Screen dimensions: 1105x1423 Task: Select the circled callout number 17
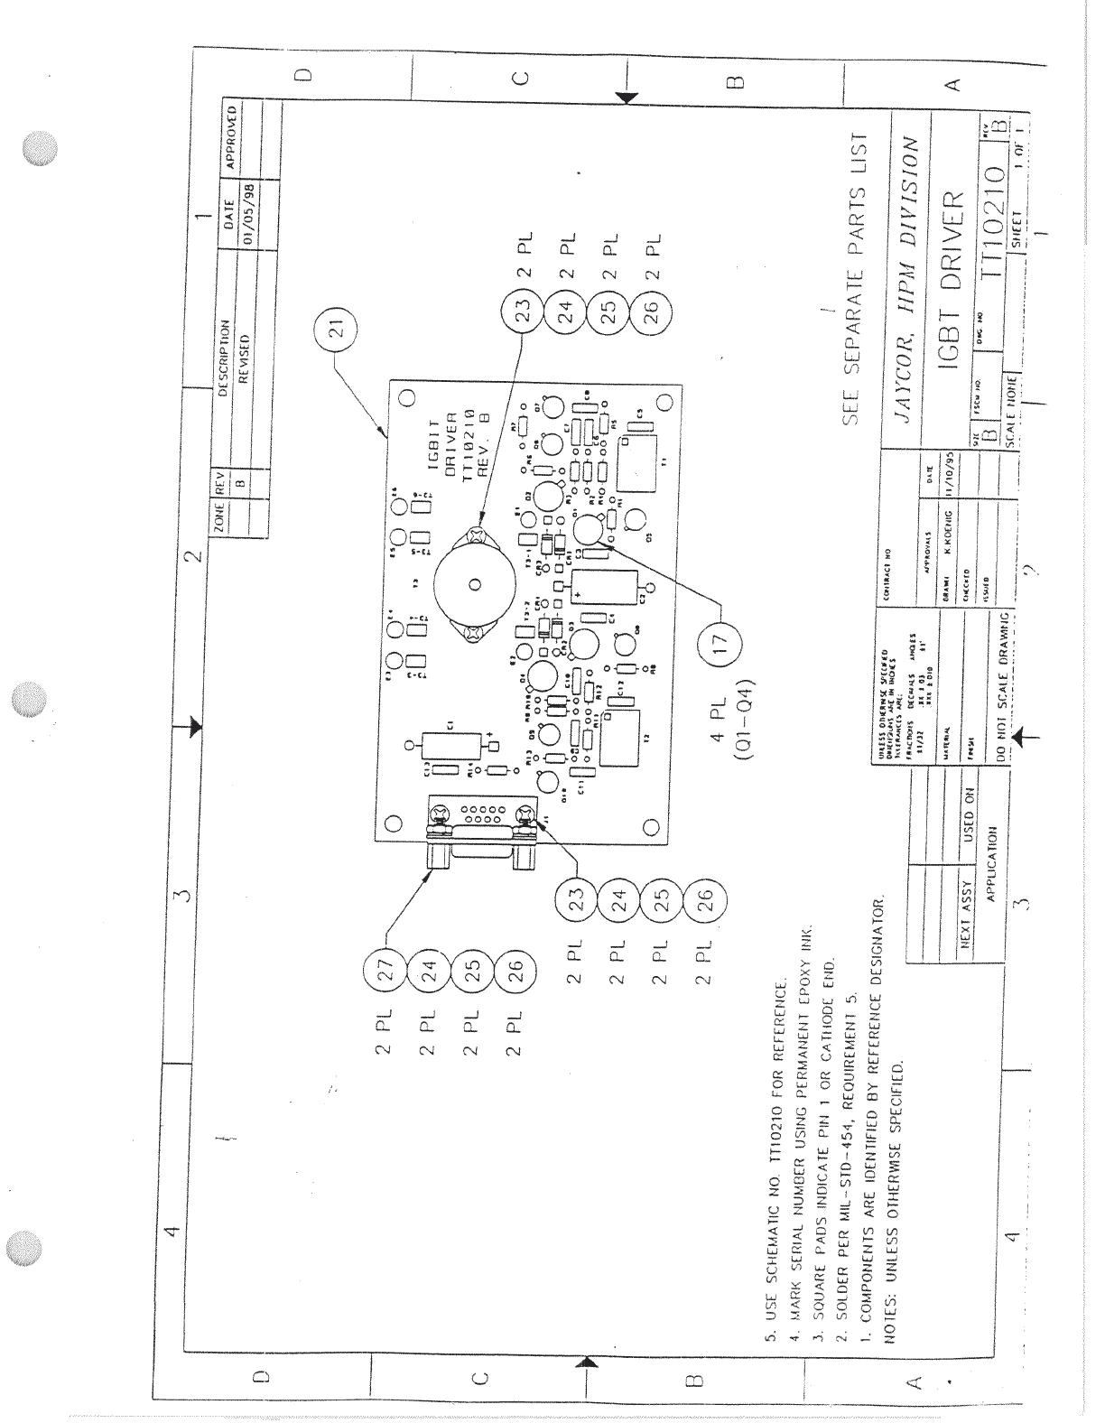point(720,646)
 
